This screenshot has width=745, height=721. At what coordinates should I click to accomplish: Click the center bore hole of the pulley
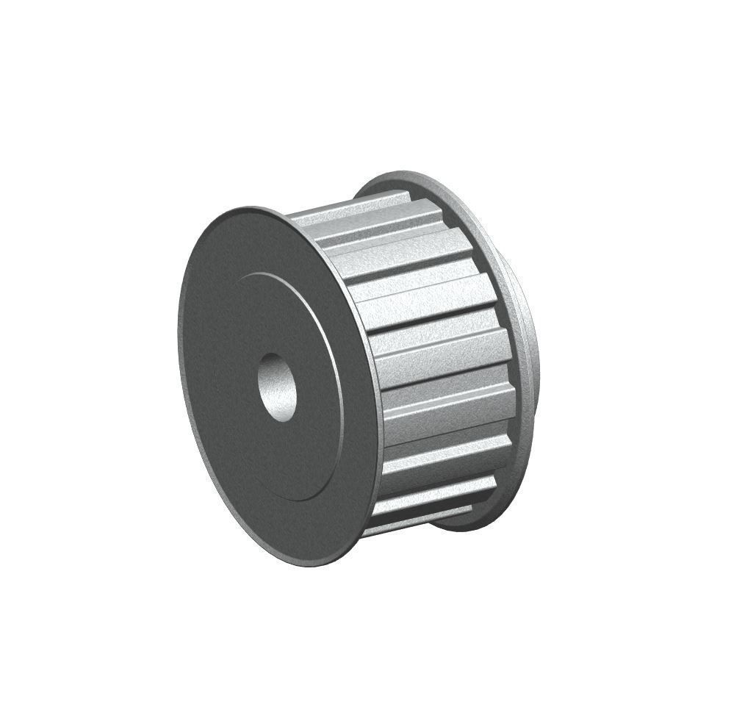point(277,386)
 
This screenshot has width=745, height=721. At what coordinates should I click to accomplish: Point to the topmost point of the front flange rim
point(250,208)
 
